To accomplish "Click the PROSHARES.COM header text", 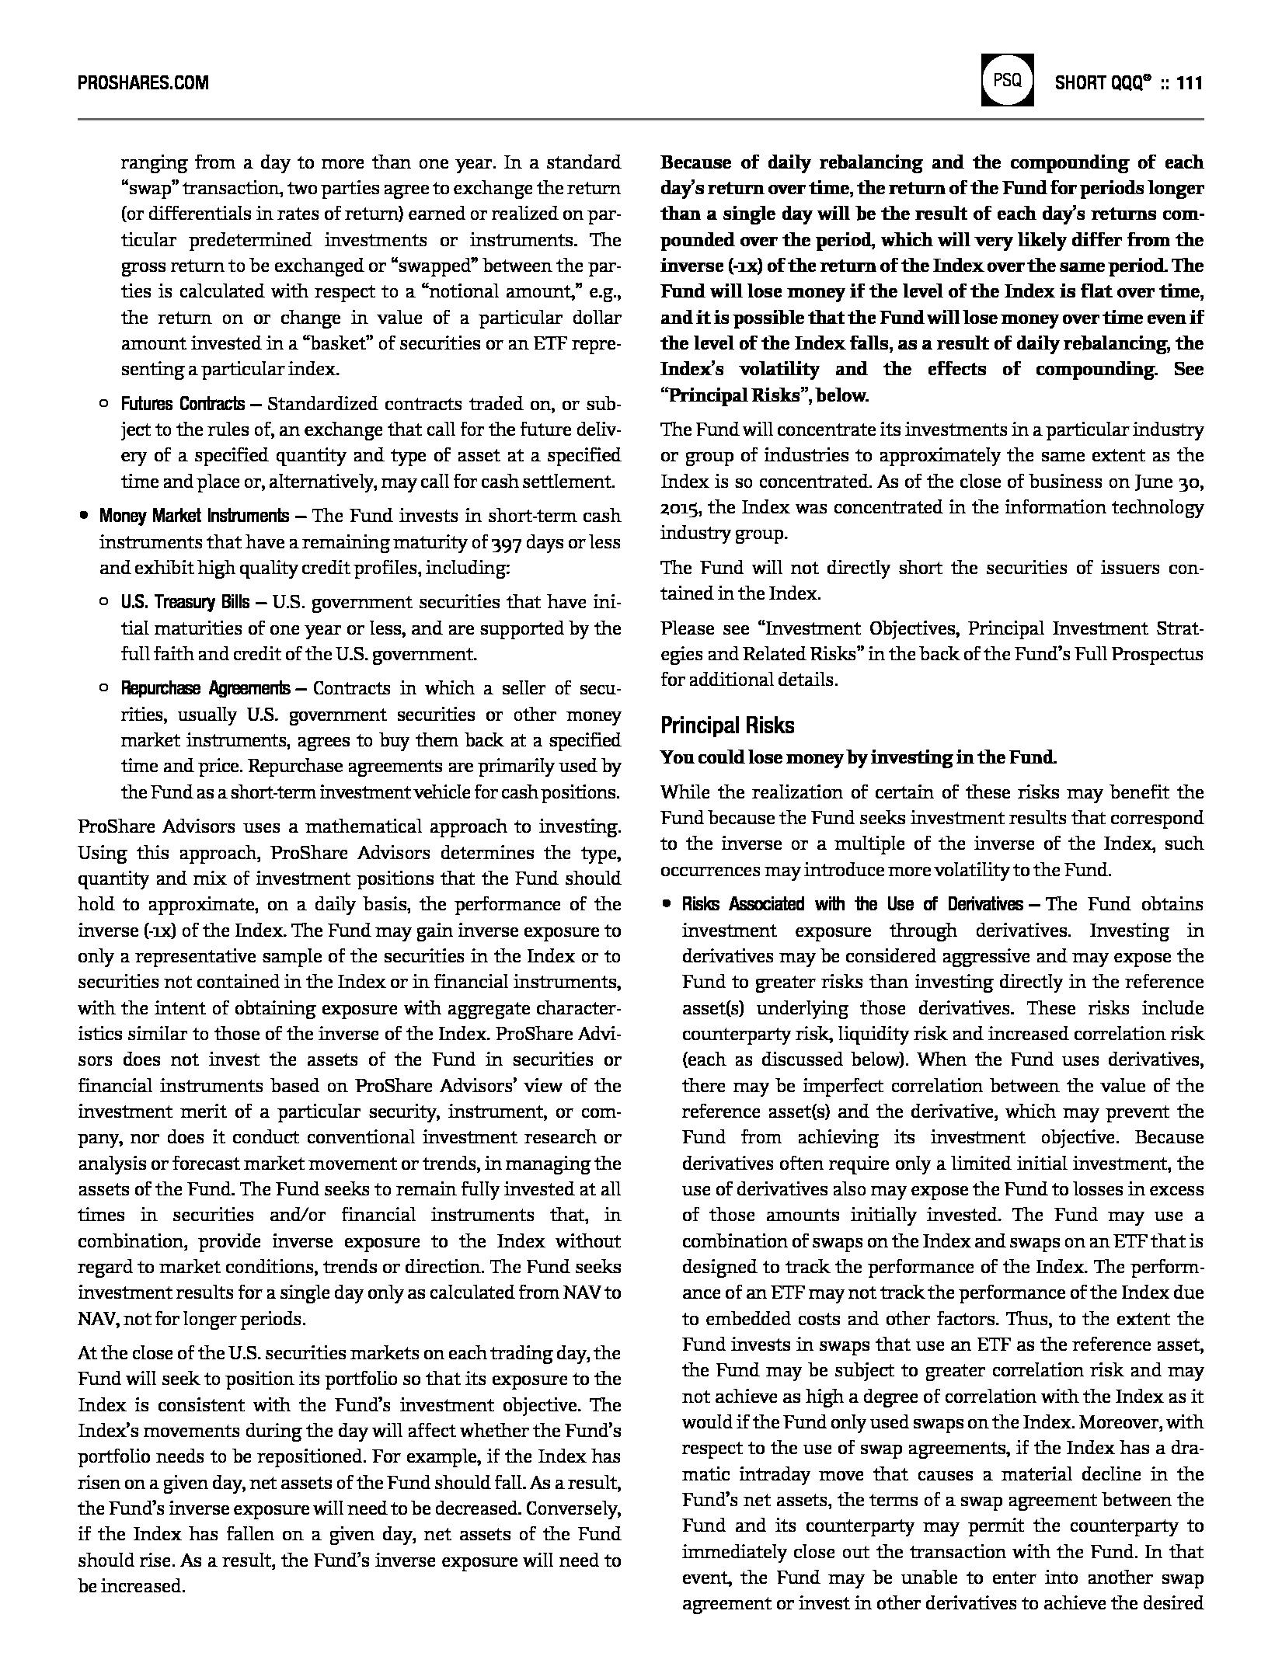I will point(143,82).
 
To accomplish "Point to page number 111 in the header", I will point(1190,82).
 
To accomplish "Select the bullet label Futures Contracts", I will point(183,404).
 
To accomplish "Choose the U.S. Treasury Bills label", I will point(185,602).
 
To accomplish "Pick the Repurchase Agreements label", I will point(205,688).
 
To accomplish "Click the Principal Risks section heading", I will point(727,725).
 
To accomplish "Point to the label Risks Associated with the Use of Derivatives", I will point(852,904).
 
